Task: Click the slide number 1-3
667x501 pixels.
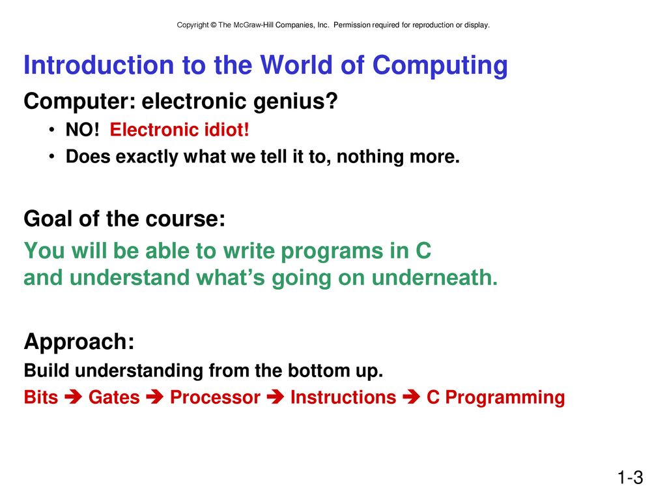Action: click(631, 478)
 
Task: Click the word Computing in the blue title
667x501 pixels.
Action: click(440, 66)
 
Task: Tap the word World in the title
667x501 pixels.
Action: click(296, 65)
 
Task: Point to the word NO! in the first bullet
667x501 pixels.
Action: click(82, 130)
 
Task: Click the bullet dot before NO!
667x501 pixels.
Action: click(51, 130)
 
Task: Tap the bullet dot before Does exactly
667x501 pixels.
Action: click(51, 157)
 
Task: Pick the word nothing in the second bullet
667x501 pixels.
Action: click(370, 157)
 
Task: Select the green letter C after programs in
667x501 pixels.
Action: click(423, 250)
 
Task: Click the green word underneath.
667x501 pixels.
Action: click(434, 277)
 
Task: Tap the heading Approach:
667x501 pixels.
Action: click(79, 342)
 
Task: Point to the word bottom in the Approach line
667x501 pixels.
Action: click(317, 371)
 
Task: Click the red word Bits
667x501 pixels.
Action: click(41, 397)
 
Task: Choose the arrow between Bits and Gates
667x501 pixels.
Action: click(73, 397)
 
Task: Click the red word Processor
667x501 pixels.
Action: click(215, 397)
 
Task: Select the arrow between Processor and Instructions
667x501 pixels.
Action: click(276, 397)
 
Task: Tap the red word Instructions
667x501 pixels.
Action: click(343, 397)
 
